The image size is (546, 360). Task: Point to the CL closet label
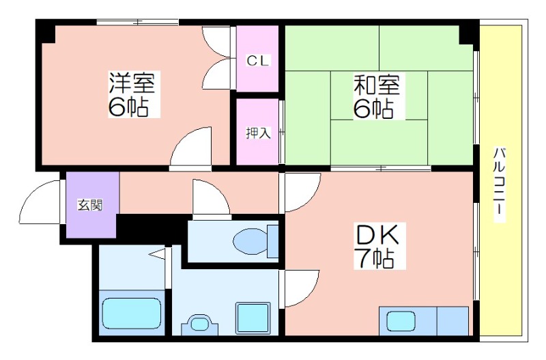click(x=258, y=61)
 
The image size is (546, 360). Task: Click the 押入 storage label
click(x=258, y=133)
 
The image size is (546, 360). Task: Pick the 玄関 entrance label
click(x=90, y=205)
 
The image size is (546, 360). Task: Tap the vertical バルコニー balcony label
click(x=500, y=185)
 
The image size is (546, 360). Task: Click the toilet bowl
click(x=250, y=240)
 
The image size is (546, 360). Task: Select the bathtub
click(x=132, y=311)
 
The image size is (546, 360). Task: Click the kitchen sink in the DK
click(x=401, y=320)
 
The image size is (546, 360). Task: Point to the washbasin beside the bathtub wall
click(x=199, y=324)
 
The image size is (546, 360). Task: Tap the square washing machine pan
click(x=253, y=317)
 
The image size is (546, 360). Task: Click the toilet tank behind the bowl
click(x=272, y=241)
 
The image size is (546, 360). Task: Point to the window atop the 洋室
click(x=138, y=23)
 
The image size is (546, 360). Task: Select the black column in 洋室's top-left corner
click(x=45, y=31)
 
